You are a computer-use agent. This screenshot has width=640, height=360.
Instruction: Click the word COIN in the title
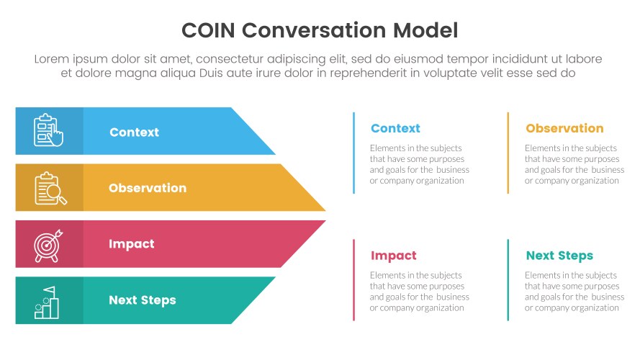click(208, 30)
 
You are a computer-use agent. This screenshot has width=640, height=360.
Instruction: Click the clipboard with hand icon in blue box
click(48, 131)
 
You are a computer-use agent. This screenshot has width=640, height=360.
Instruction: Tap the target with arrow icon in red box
click(48, 244)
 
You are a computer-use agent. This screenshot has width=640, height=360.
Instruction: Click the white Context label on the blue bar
click(134, 132)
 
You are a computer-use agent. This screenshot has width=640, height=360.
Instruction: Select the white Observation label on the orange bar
click(147, 188)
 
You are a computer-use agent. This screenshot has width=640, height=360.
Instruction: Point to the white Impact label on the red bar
click(131, 244)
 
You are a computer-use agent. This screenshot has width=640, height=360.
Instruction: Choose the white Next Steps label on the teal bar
click(142, 300)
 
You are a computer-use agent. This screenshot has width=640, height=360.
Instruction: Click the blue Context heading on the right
click(395, 129)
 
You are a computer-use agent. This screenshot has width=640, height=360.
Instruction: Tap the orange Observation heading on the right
click(564, 129)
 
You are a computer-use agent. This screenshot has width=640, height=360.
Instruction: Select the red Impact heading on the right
click(393, 256)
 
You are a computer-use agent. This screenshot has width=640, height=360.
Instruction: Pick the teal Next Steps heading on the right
click(559, 256)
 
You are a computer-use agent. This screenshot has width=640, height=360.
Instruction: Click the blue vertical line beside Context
click(353, 153)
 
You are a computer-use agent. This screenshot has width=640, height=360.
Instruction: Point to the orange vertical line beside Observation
click(508, 153)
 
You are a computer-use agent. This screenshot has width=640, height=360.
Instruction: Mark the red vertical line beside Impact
click(353, 280)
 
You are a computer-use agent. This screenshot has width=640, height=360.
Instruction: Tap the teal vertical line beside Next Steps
click(508, 280)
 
